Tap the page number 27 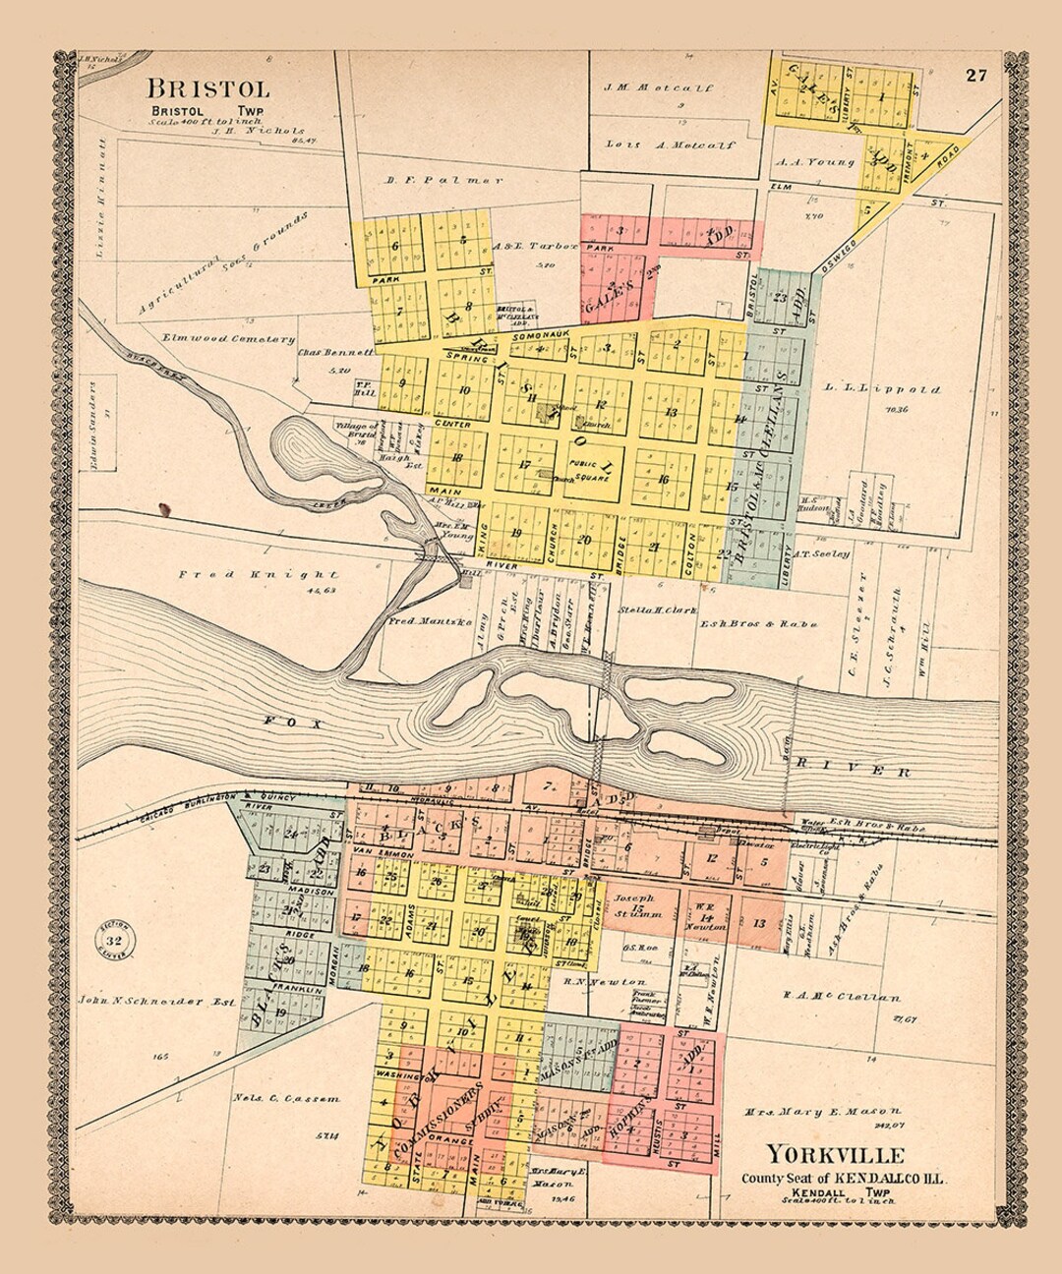pyautogui.click(x=975, y=76)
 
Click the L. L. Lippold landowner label pyautogui.click(x=880, y=389)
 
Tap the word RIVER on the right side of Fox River pyautogui.click(x=854, y=768)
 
